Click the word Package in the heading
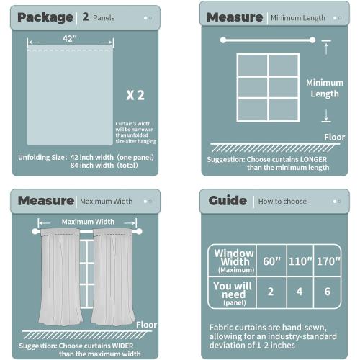[45, 17]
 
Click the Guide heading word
[228, 201]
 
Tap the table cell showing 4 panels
[298, 292]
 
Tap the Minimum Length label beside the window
[325, 88]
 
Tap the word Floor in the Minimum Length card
[334, 136]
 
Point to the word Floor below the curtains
[147, 325]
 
